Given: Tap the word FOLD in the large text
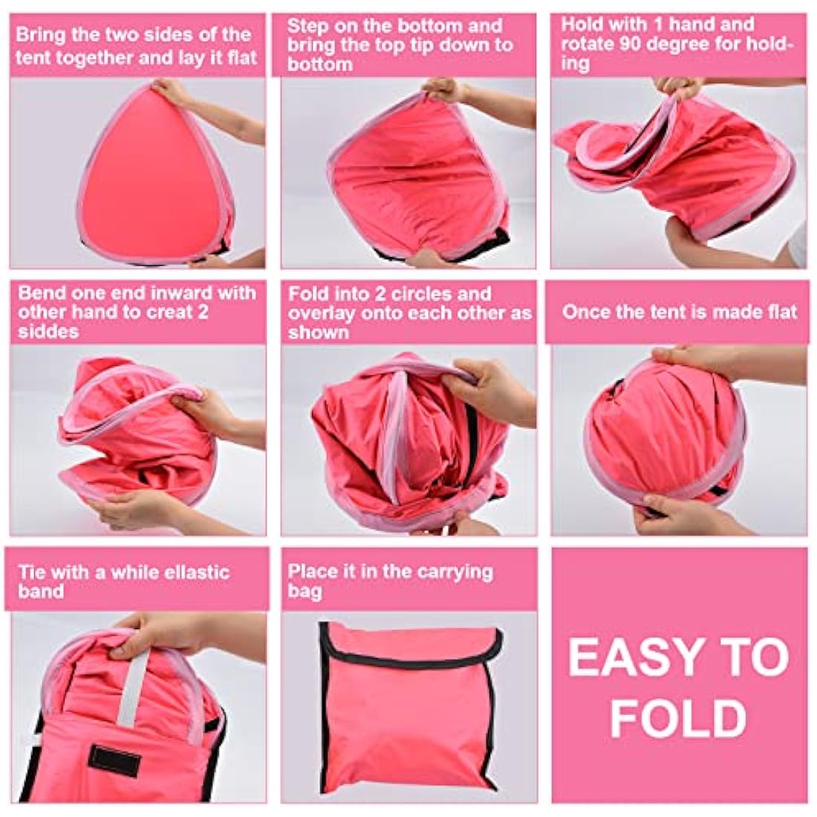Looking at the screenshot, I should pos(678,718).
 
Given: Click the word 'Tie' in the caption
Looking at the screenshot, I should pos(33,573).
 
